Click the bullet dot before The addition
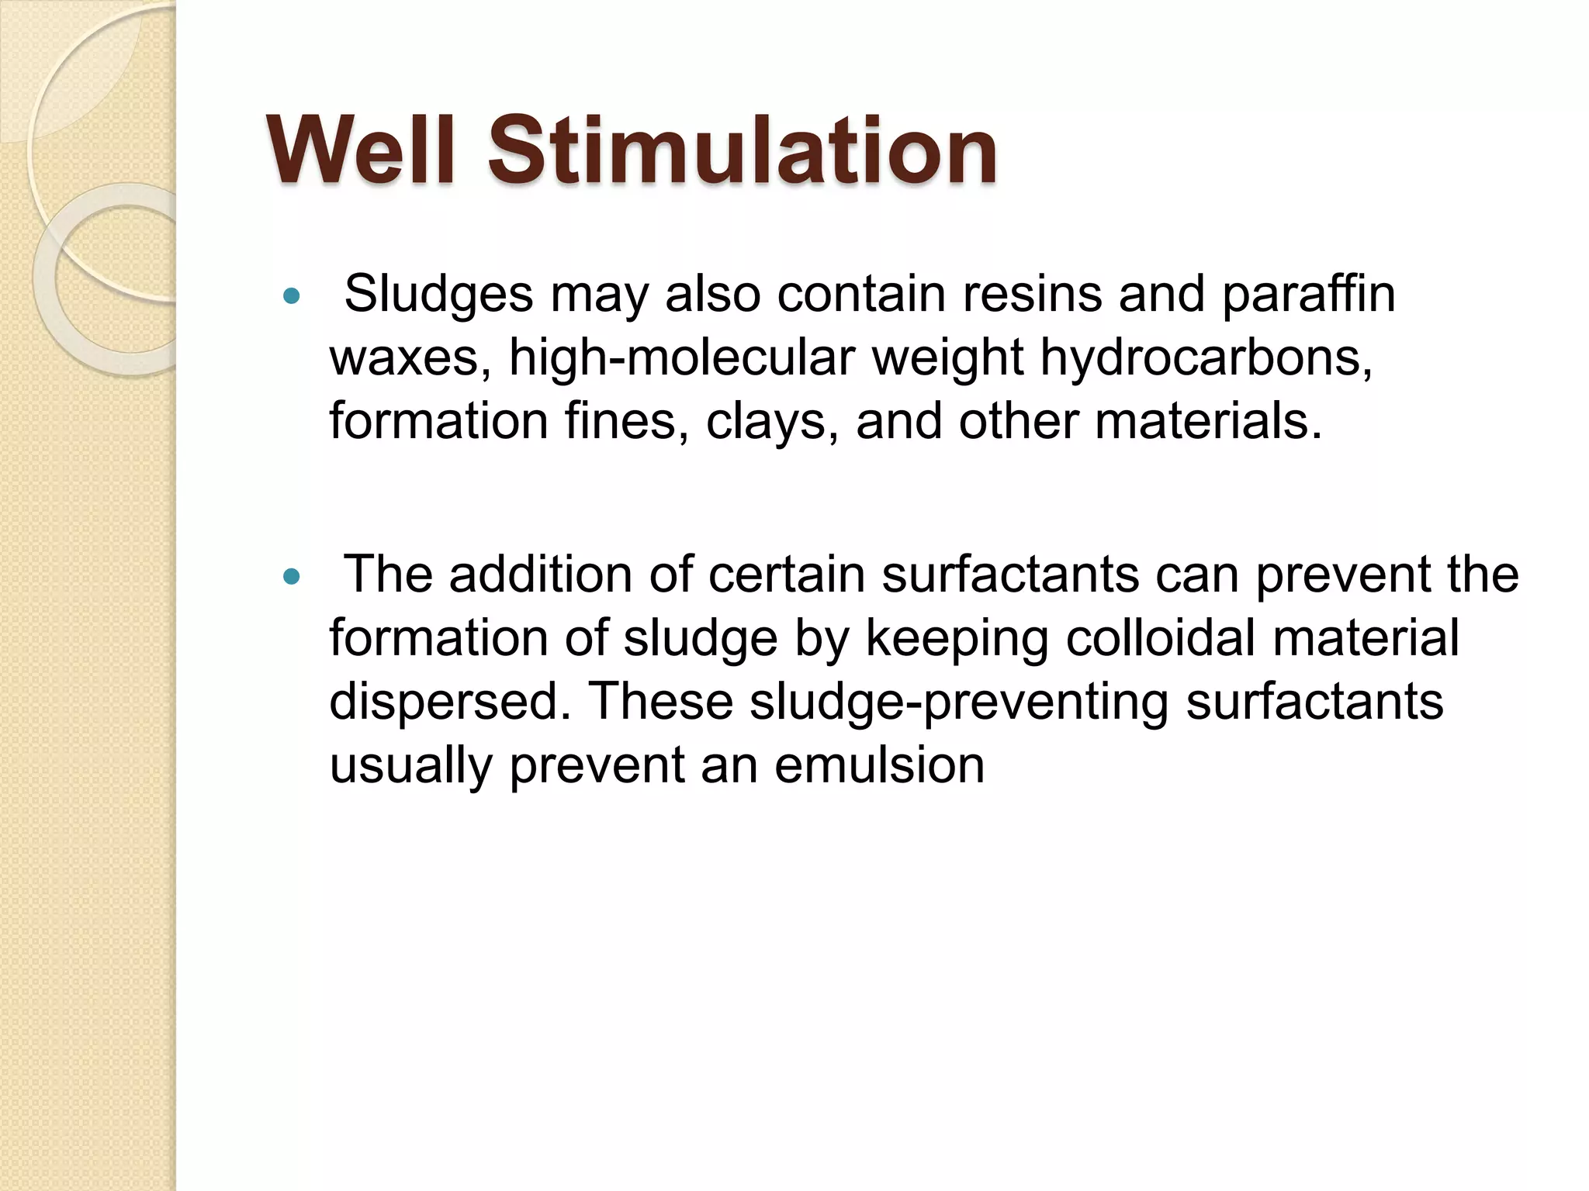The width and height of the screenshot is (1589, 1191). [x=292, y=576]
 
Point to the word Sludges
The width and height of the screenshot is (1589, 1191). [x=438, y=295]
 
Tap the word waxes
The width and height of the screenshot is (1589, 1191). [x=410, y=358]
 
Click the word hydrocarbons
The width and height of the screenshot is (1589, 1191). [x=1206, y=358]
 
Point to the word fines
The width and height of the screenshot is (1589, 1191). [x=626, y=422]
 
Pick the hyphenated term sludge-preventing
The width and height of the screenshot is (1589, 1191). [x=959, y=703]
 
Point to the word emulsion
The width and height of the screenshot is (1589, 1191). [x=879, y=766]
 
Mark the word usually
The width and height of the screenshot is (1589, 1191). [x=411, y=766]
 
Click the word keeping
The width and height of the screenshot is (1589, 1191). [x=957, y=639]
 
